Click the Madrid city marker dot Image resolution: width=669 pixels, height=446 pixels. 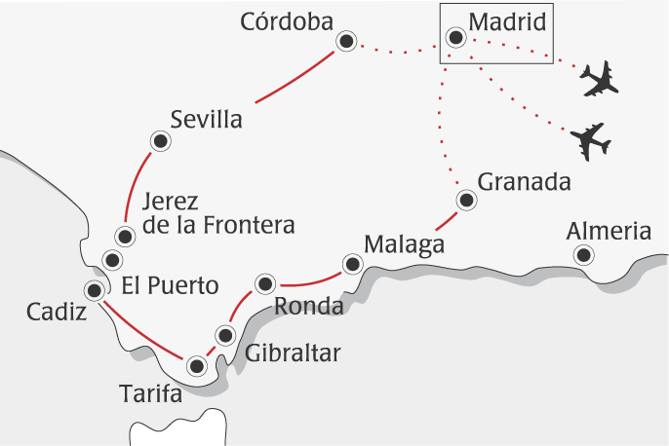coord(454,38)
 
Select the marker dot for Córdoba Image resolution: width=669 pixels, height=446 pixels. coord(345,41)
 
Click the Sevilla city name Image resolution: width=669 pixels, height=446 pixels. coord(206,120)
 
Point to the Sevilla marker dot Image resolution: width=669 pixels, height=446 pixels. coord(159,142)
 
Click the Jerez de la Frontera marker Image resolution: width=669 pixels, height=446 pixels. coord(125,236)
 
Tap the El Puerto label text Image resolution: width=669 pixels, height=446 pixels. coord(171,286)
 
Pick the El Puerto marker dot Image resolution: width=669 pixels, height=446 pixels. coord(112,259)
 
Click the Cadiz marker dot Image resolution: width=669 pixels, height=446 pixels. coord(95,289)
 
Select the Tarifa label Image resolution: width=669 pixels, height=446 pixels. coord(151,394)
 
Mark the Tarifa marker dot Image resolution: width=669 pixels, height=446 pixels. coord(198,366)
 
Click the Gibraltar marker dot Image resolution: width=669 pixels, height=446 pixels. coord(225,336)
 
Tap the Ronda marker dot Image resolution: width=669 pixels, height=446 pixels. coord(264,283)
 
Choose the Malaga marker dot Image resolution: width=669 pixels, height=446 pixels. coord(351,262)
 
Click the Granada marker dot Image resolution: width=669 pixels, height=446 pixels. coord(466,201)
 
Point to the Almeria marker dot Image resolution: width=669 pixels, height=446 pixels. coord(583,255)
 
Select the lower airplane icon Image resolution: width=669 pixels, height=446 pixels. coord(591,142)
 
